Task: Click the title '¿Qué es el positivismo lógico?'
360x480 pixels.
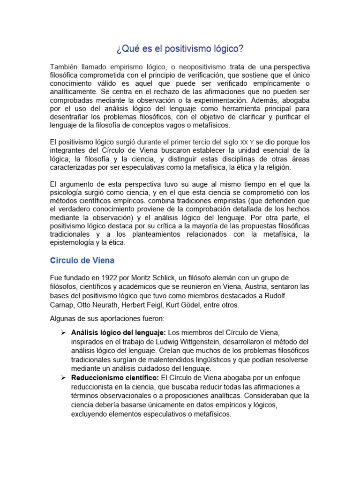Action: point(180,48)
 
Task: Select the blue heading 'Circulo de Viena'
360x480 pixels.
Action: point(82,260)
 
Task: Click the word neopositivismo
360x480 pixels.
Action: point(198,67)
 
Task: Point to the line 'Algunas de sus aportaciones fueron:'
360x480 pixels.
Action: point(107,319)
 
